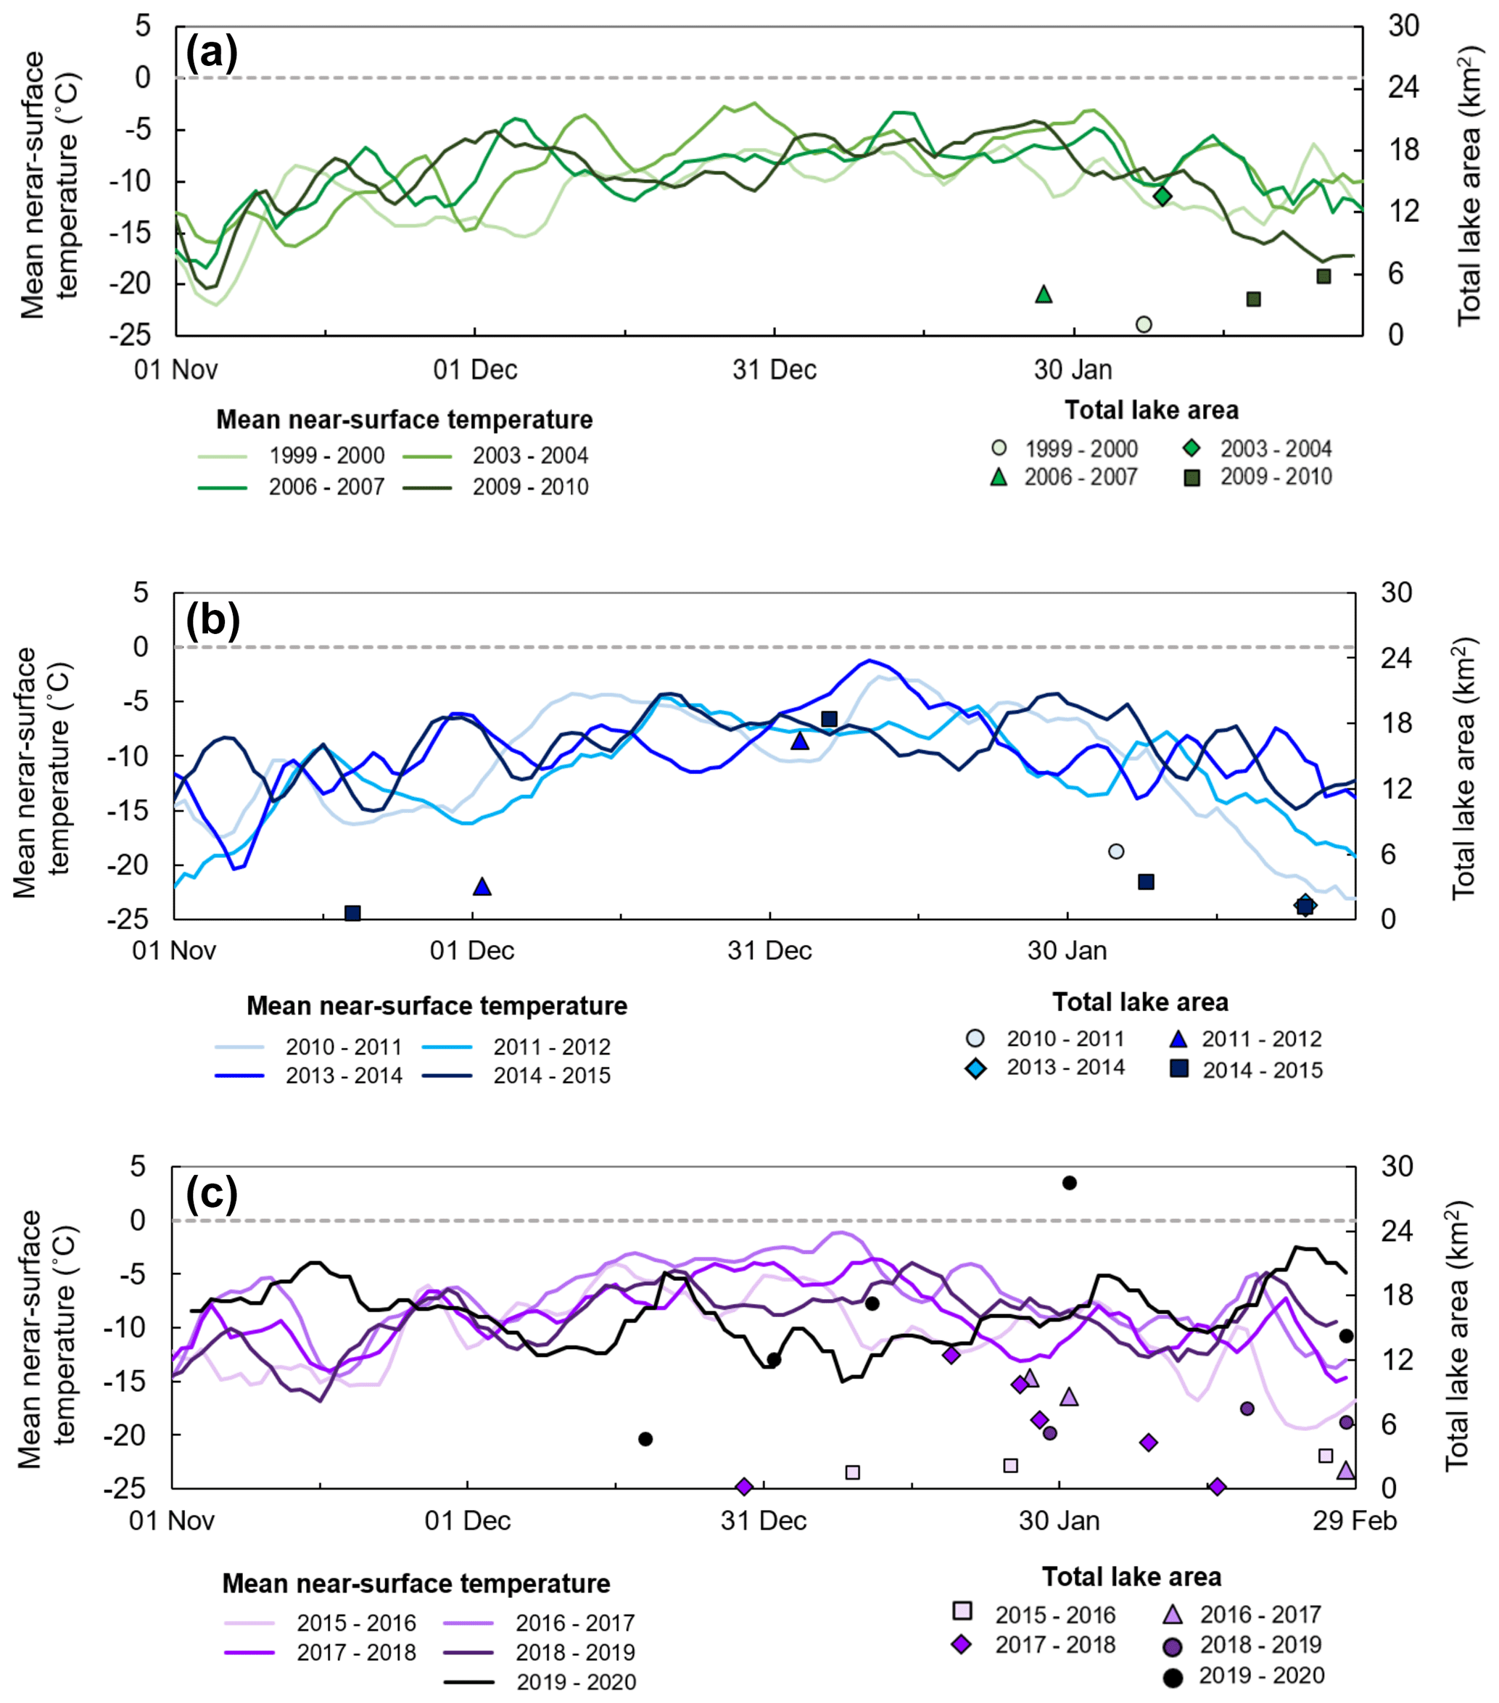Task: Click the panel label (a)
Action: [212, 54]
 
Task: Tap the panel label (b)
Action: [212, 621]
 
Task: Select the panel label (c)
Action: [212, 1193]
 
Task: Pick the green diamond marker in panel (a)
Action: [1163, 196]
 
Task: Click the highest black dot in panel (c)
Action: [1069, 1183]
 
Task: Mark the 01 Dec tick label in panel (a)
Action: [475, 369]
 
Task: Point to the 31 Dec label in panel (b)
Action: [769, 951]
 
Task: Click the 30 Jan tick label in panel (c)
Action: [1059, 1520]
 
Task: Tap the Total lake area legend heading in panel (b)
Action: [1140, 1002]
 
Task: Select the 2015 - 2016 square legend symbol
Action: [962, 1610]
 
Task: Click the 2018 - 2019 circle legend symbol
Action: [1173, 1646]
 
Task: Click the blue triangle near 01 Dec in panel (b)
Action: [482, 886]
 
